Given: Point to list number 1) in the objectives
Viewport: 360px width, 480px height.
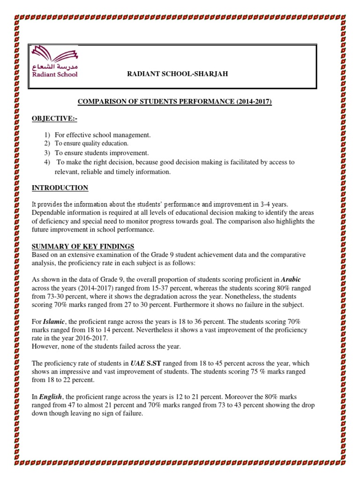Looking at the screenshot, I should (47, 135).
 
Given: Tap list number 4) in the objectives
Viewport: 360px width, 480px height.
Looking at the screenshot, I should (47, 162).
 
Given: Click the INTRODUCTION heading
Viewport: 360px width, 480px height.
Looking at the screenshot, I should (60, 188).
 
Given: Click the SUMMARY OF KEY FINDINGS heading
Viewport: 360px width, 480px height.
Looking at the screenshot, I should (83, 247).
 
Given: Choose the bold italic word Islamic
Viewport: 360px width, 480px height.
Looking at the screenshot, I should (52, 322).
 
